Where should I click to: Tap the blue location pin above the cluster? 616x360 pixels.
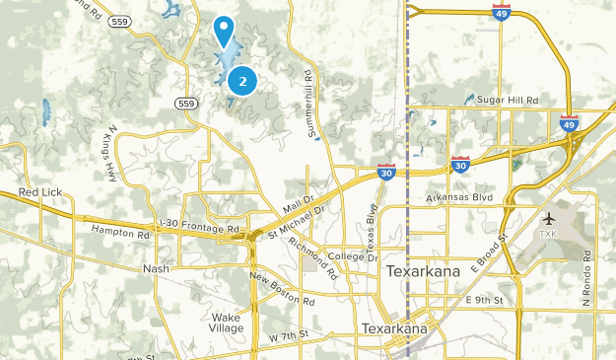[226, 30]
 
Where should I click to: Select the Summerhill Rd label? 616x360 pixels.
[309, 103]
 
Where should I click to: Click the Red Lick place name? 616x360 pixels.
[40, 191]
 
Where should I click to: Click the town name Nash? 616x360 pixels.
[157, 268]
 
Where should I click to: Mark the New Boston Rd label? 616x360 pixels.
[282, 288]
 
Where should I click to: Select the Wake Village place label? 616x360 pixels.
[226, 323]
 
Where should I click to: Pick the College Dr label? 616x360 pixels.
[348, 256]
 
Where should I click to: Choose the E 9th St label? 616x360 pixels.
[485, 299]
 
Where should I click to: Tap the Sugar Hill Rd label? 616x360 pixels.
[509, 101]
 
